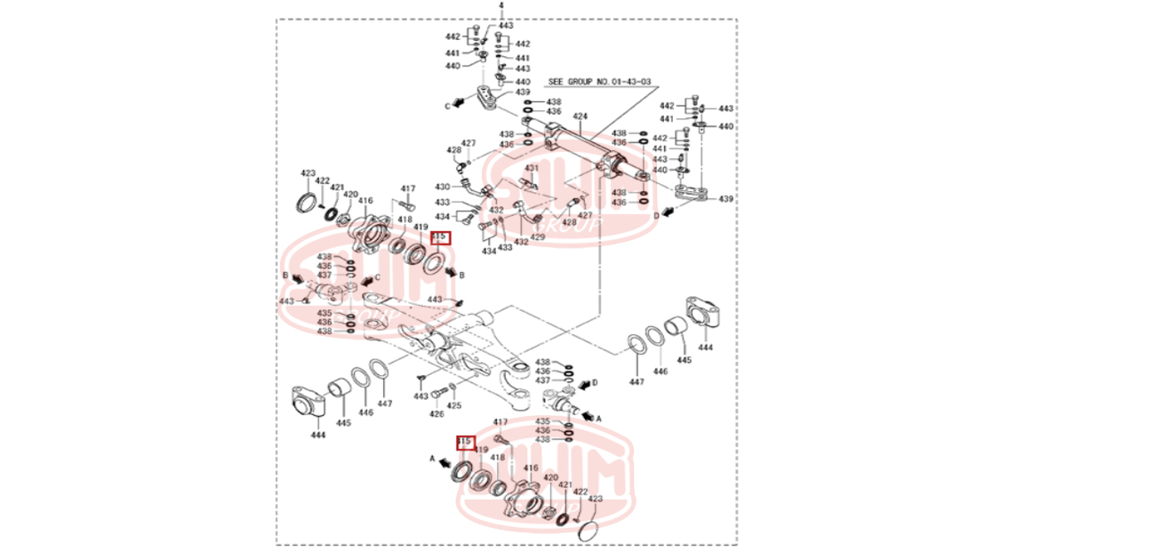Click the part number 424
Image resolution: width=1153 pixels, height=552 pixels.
[581, 117]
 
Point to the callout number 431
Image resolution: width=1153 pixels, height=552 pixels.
[532, 168]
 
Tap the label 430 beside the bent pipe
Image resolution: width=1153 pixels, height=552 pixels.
[443, 187]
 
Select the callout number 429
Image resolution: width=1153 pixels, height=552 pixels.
[538, 237]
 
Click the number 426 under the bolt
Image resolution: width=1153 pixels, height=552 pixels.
[436, 414]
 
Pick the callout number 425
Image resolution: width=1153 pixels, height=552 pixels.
[454, 405]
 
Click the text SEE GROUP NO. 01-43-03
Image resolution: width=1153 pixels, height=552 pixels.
[599, 82]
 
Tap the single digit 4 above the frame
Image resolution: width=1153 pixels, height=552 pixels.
[501, 5]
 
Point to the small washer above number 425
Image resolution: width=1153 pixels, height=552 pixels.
[452, 388]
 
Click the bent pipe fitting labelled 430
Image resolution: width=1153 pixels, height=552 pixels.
[471, 187]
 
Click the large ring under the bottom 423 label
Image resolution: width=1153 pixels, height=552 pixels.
[587, 530]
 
